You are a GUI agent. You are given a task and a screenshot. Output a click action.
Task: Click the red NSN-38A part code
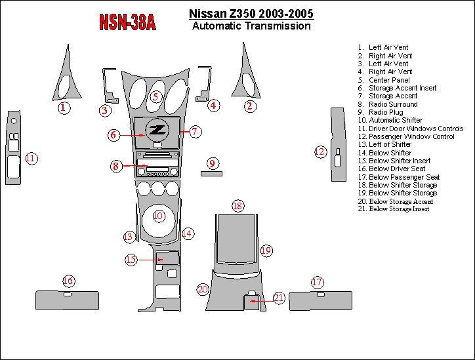click(127, 22)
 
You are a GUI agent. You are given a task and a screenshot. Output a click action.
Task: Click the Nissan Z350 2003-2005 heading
click(251, 14)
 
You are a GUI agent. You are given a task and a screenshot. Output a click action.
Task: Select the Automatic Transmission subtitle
click(251, 26)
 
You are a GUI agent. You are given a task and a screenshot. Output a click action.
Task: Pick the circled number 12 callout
click(320, 152)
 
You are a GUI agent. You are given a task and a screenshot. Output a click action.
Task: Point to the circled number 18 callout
click(237, 206)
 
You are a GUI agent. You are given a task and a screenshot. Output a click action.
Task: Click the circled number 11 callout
click(31, 158)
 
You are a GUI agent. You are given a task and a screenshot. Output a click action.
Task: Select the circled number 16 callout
click(68, 281)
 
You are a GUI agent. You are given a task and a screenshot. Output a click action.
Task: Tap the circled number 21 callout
click(279, 298)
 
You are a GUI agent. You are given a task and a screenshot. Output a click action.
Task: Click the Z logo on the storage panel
click(157, 130)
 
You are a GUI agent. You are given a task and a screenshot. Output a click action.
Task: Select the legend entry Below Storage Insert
click(399, 209)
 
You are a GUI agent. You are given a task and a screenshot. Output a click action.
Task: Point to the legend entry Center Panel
click(389, 80)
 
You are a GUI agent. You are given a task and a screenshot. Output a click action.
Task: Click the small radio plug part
click(211, 174)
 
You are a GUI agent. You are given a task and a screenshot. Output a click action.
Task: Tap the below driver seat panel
click(67, 301)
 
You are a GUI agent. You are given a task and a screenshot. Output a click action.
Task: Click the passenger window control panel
click(337, 144)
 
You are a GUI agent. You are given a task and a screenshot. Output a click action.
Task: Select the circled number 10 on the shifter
click(158, 216)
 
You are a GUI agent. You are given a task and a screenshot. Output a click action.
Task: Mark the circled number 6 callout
click(114, 135)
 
